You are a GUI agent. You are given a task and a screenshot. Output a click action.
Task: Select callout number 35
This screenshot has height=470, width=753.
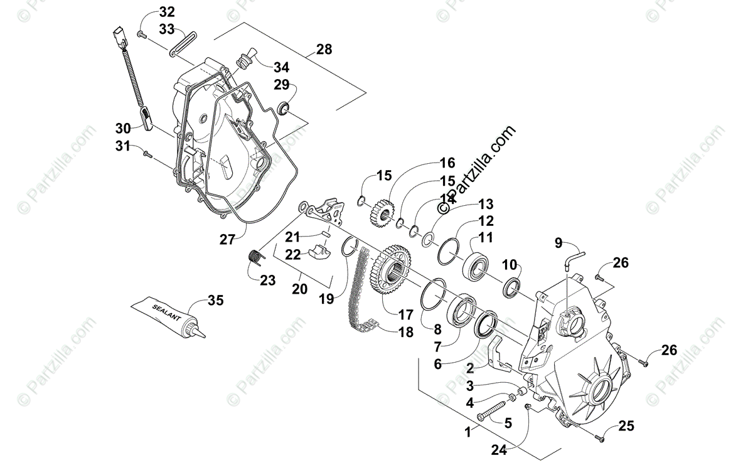pyautogui.click(x=215, y=301)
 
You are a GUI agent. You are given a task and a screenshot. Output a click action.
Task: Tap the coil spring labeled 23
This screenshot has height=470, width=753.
pyautogui.click(x=254, y=257)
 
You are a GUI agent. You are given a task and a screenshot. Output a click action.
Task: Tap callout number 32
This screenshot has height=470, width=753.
pyautogui.click(x=150, y=12)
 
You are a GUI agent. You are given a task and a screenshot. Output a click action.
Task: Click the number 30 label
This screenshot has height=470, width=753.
pyautogui.click(x=123, y=128)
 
